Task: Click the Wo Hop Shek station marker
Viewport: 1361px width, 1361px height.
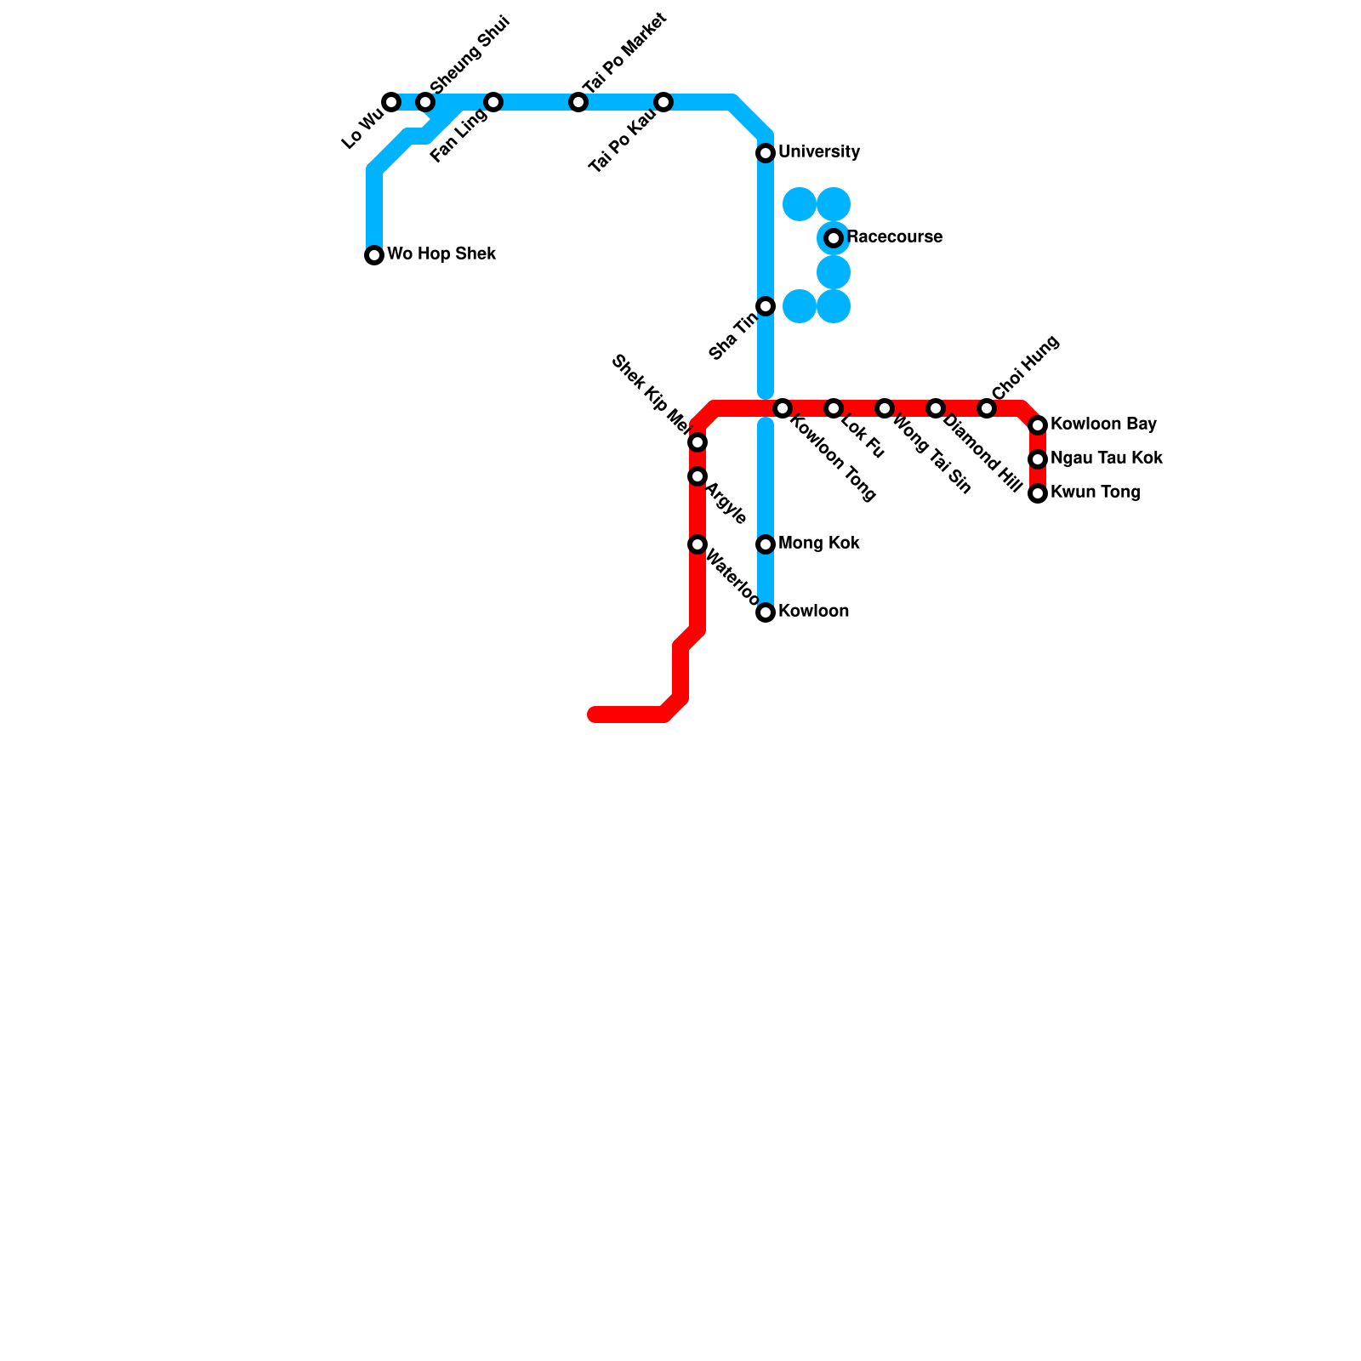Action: point(374,255)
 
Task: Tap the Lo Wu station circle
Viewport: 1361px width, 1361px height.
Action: point(391,102)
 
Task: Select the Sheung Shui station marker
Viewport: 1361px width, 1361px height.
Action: point(425,102)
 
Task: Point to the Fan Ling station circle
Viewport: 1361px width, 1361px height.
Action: point(493,102)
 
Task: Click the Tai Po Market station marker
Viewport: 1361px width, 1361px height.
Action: point(578,102)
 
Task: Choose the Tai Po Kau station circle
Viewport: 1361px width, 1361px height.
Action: point(663,102)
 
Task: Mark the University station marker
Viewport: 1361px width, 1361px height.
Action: point(766,153)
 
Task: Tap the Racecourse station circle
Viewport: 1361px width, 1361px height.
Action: point(834,238)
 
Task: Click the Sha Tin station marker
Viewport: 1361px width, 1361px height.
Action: point(766,306)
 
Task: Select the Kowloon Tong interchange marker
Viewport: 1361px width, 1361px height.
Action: point(783,408)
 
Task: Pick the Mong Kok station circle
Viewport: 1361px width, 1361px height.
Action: point(766,544)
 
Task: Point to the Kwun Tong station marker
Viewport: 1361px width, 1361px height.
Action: point(1038,493)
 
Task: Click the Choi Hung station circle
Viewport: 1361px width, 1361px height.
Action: point(987,408)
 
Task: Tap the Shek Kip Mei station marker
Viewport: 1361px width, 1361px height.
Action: point(698,442)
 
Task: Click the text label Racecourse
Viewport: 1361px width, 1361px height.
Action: point(894,237)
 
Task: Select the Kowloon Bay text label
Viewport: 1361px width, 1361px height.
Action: point(1103,424)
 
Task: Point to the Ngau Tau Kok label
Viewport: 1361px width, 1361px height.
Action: point(1106,458)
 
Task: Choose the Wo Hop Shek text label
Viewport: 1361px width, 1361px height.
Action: point(441,254)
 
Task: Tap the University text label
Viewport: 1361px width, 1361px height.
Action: point(819,152)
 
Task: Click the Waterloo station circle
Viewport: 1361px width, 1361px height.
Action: point(698,544)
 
